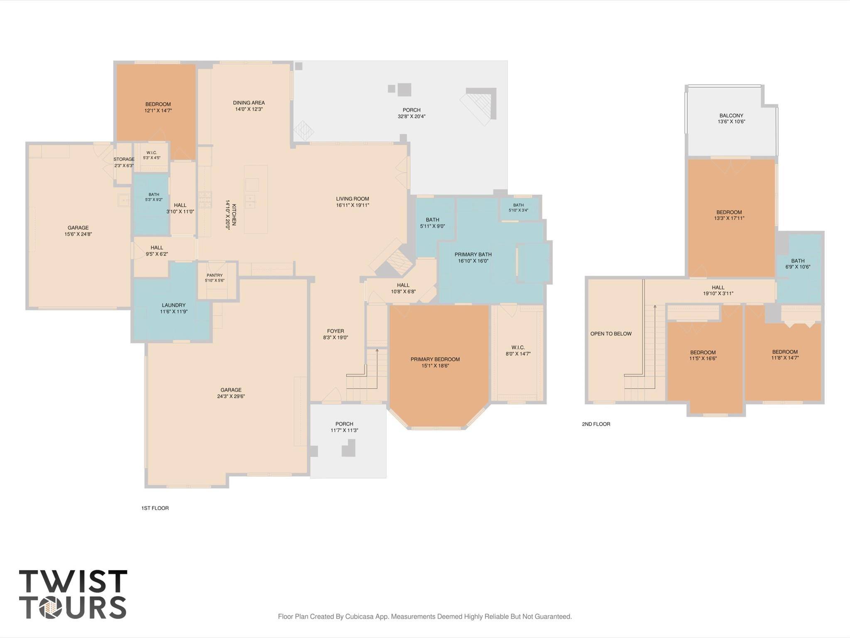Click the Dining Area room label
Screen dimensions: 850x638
click(x=249, y=103)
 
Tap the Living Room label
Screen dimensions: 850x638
click(x=353, y=199)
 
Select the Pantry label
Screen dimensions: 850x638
click(x=215, y=275)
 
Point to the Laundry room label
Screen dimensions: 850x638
click(x=174, y=305)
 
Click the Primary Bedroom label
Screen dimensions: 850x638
click(x=435, y=359)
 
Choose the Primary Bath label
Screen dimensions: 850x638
click(x=473, y=254)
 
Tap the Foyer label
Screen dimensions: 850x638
click(x=336, y=331)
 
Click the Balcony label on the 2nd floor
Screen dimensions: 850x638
click(x=731, y=116)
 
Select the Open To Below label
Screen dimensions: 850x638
click(x=611, y=333)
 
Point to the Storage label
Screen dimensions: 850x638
click(x=124, y=159)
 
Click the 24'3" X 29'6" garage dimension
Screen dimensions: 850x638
click(x=231, y=396)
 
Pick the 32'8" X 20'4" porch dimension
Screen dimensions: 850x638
click(x=412, y=116)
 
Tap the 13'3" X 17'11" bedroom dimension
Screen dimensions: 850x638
click(x=729, y=218)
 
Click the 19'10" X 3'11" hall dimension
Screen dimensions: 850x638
click(x=718, y=293)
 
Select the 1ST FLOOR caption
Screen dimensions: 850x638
click(x=155, y=508)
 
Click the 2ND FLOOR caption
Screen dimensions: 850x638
click(x=596, y=424)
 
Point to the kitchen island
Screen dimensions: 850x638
click(x=256, y=199)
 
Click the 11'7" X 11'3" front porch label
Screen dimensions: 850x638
click(x=344, y=430)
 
